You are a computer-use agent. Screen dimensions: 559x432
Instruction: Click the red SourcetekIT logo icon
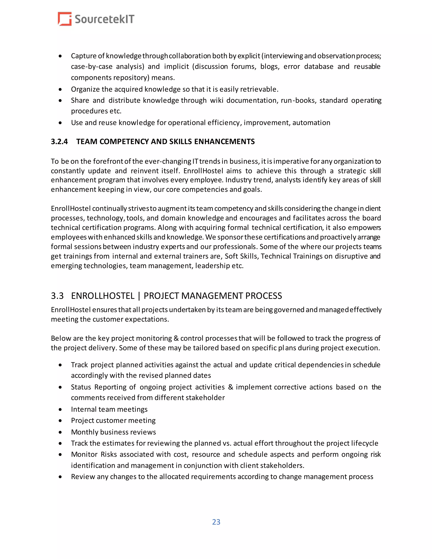(65, 19)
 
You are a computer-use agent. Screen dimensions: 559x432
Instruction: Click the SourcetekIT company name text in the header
(104, 19)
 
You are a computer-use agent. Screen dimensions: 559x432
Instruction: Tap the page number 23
(216, 522)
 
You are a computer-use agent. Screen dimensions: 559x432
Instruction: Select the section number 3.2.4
(59, 142)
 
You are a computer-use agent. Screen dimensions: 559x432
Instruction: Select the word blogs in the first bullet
(270, 66)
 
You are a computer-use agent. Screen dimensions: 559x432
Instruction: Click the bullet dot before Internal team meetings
(60, 409)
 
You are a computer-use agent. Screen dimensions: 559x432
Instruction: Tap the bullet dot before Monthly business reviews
(60, 432)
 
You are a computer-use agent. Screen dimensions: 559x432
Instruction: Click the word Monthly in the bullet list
(84, 432)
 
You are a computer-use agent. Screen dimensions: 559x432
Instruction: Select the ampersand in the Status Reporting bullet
(230, 387)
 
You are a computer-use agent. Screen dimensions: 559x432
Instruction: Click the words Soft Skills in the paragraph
(241, 256)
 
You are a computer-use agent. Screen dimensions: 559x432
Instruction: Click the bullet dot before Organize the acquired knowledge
(60, 89)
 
